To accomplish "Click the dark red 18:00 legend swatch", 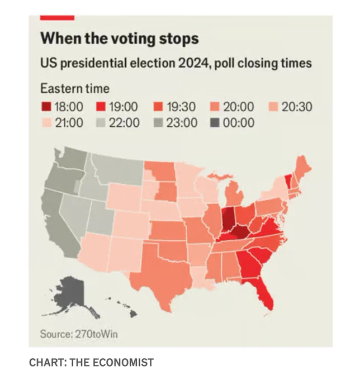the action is click(46, 107).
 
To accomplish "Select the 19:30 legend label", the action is click(181, 107).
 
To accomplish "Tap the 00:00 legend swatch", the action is click(215, 122).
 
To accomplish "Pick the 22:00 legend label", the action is click(124, 122).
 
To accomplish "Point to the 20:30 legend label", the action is click(297, 107).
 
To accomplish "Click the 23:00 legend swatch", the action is click(158, 122).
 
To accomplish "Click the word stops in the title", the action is click(179, 39).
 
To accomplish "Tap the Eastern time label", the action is click(75, 88).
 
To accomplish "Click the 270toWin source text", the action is click(97, 334).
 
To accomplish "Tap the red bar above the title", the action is click(57, 18).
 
